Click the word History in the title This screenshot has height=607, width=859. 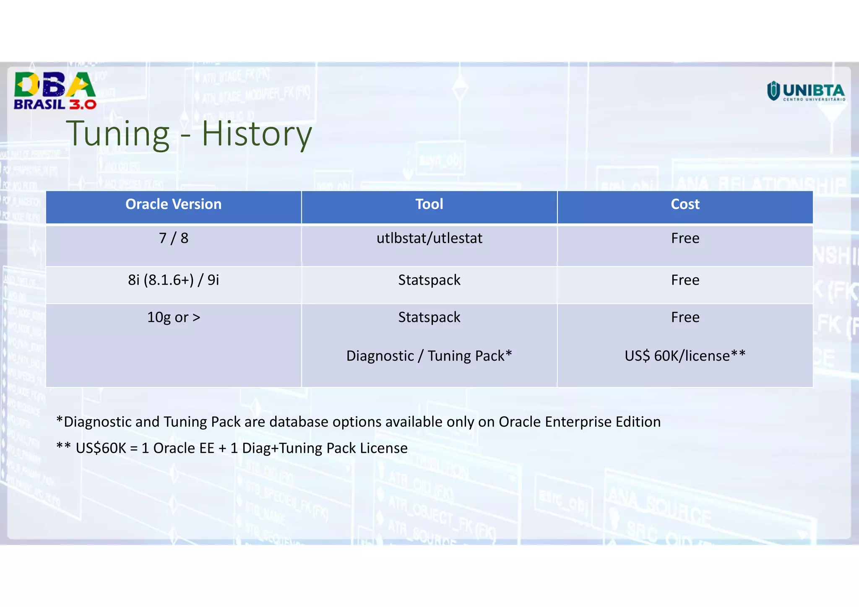(257, 134)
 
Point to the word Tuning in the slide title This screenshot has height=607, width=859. (118, 134)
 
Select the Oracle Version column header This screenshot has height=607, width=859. (173, 205)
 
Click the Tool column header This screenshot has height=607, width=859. (429, 205)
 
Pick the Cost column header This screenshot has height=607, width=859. (685, 205)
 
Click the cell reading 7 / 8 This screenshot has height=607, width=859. (173, 239)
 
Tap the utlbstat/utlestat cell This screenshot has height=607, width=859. (429, 239)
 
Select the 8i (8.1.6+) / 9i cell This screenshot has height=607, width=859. (173, 280)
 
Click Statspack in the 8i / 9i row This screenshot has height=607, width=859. (429, 280)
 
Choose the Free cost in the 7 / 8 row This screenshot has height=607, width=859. (685, 239)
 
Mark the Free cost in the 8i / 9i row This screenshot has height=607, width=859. (685, 280)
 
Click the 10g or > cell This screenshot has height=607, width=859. (173, 317)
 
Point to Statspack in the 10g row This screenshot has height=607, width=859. (429, 317)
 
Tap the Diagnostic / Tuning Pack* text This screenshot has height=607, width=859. (429, 356)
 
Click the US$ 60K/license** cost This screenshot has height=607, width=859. (685, 356)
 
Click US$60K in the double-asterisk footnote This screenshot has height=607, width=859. (101, 448)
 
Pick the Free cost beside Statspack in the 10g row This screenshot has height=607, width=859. (685, 317)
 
